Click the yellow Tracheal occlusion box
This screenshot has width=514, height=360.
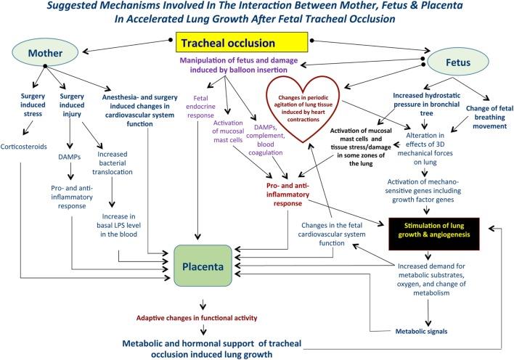pos(242,42)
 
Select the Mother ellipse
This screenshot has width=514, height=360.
pos(45,53)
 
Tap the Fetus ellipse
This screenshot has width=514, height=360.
pos(458,62)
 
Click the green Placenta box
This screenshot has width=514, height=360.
pos(203,266)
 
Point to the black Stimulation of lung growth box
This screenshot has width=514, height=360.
pos(434,234)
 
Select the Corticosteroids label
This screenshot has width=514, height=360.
pos(24,147)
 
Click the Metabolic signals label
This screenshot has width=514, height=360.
pos(421,331)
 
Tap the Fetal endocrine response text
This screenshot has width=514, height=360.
pos(200,107)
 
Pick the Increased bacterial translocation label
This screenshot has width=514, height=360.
pos(112,163)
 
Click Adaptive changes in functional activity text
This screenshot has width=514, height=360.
pos(197,318)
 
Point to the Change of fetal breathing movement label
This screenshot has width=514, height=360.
pos(490,117)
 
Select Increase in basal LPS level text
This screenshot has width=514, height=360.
pos(118,225)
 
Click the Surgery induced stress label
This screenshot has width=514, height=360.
pos(33,105)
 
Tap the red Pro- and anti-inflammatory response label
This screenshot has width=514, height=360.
pos(287,195)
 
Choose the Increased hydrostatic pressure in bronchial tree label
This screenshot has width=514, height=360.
pos(426,105)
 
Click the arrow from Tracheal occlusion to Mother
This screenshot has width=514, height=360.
pos(126,46)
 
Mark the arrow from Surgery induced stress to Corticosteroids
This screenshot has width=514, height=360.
pos(28,128)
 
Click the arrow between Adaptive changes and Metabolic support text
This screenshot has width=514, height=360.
pos(203,330)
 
